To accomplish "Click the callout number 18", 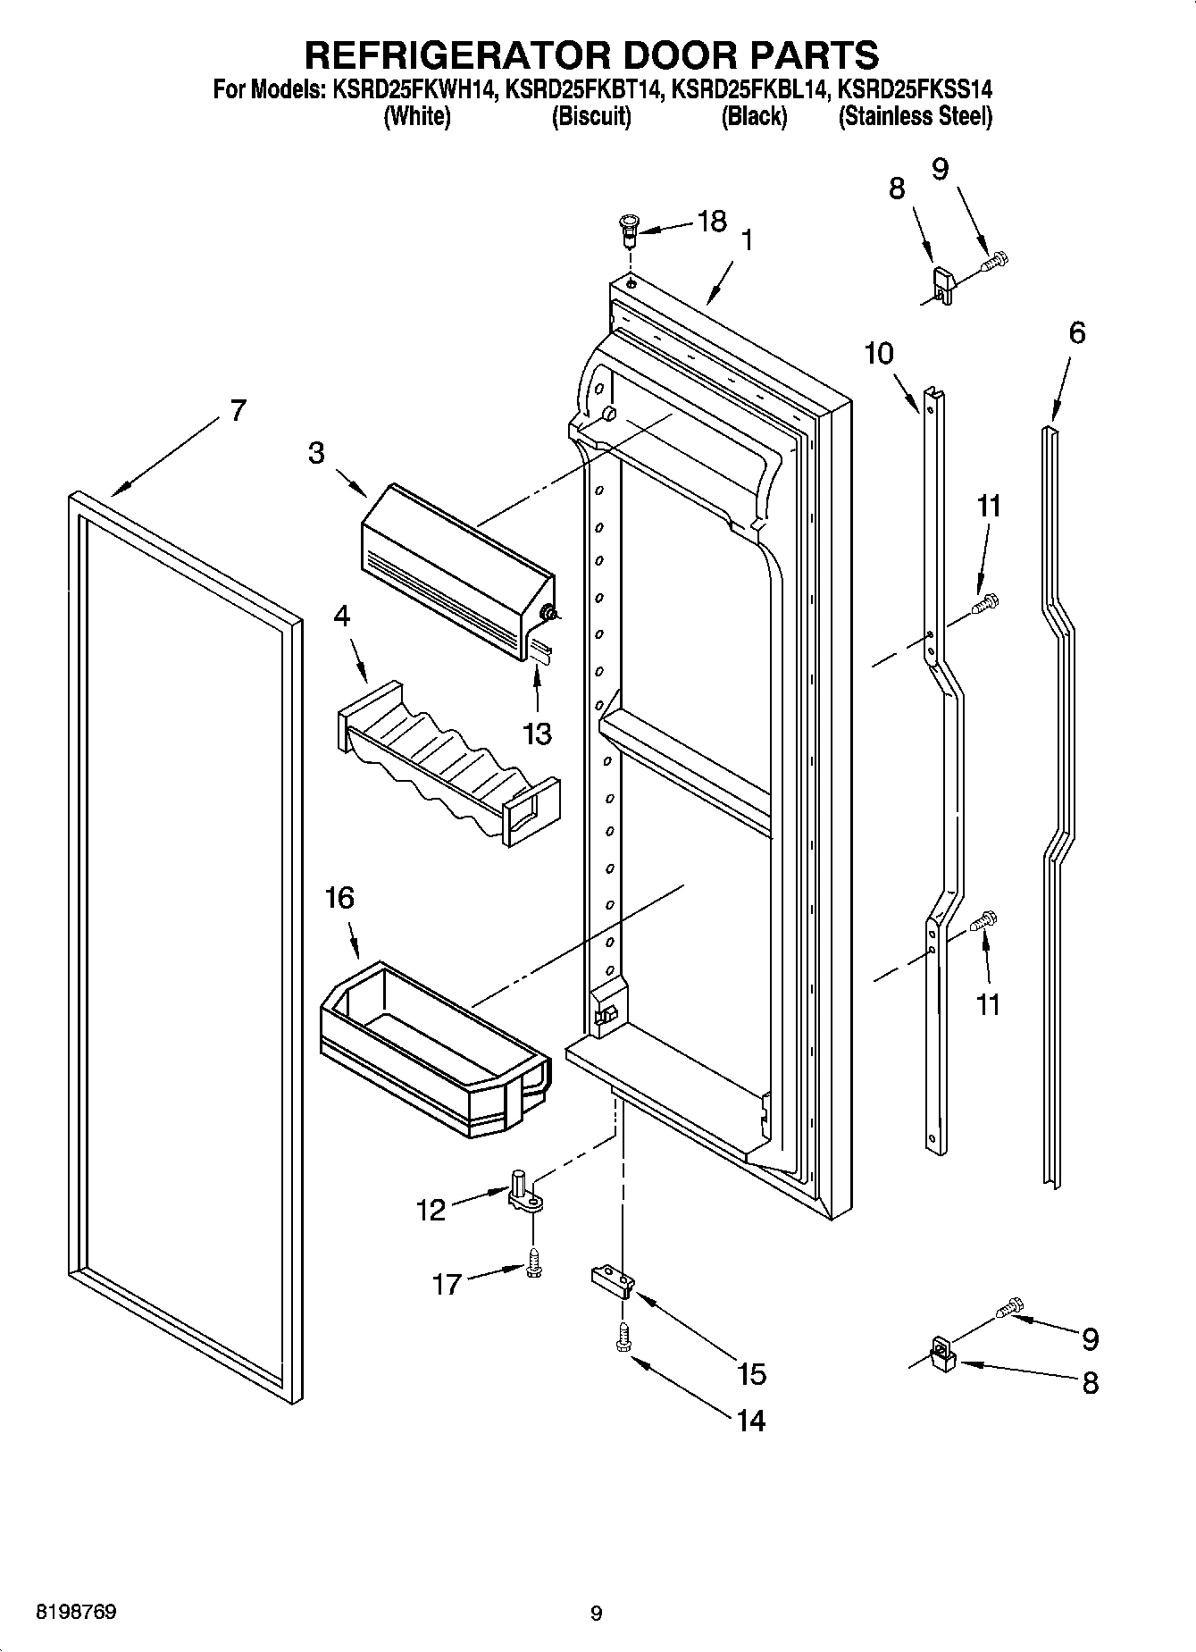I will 711,221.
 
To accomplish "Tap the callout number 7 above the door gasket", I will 237,411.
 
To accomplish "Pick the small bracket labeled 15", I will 613,1282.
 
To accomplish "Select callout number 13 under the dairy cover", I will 537,734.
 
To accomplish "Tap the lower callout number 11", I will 987,1004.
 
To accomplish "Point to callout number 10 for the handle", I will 879,354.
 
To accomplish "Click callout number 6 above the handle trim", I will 1076,333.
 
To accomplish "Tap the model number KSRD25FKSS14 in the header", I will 915,89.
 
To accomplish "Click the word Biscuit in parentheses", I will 590,117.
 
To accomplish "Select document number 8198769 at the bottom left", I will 75,1612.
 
